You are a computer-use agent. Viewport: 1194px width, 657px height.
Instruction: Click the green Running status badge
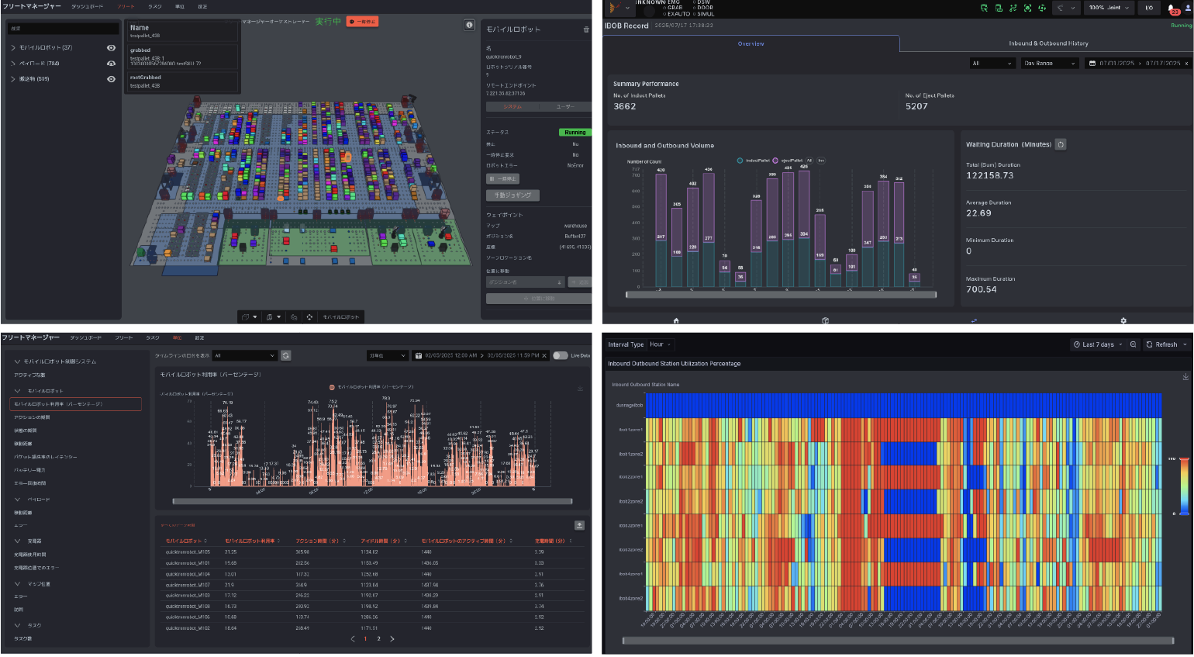click(x=575, y=133)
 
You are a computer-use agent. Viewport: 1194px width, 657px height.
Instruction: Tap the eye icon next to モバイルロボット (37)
click(x=111, y=48)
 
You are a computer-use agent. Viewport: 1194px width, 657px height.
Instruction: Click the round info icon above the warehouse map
click(x=469, y=25)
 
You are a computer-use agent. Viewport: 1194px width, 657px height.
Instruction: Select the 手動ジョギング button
click(x=512, y=195)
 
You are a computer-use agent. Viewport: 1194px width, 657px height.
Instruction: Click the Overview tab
click(x=751, y=44)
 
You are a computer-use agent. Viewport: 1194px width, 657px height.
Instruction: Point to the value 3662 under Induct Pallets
click(x=625, y=107)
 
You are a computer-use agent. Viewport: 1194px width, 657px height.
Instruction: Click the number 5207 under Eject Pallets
click(x=916, y=107)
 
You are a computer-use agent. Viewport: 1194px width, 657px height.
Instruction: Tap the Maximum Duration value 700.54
click(x=982, y=290)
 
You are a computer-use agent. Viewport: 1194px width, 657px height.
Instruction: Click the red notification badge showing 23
click(x=1174, y=11)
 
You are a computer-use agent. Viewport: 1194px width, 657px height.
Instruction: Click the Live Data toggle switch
click(x=560, y=356)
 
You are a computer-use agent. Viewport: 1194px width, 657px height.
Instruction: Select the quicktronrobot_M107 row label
click(x=188, y=585)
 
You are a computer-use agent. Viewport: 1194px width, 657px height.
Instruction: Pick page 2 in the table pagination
click(x=378, y=639)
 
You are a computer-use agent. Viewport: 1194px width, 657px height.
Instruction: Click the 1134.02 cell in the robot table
click(x=369, y=552)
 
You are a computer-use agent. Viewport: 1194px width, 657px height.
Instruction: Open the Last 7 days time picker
click(x=1098, y=344)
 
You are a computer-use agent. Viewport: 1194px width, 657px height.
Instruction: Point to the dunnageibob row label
click(x=629, y=405)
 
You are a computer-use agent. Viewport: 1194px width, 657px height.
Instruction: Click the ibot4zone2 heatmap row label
click(x=630, y=599)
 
